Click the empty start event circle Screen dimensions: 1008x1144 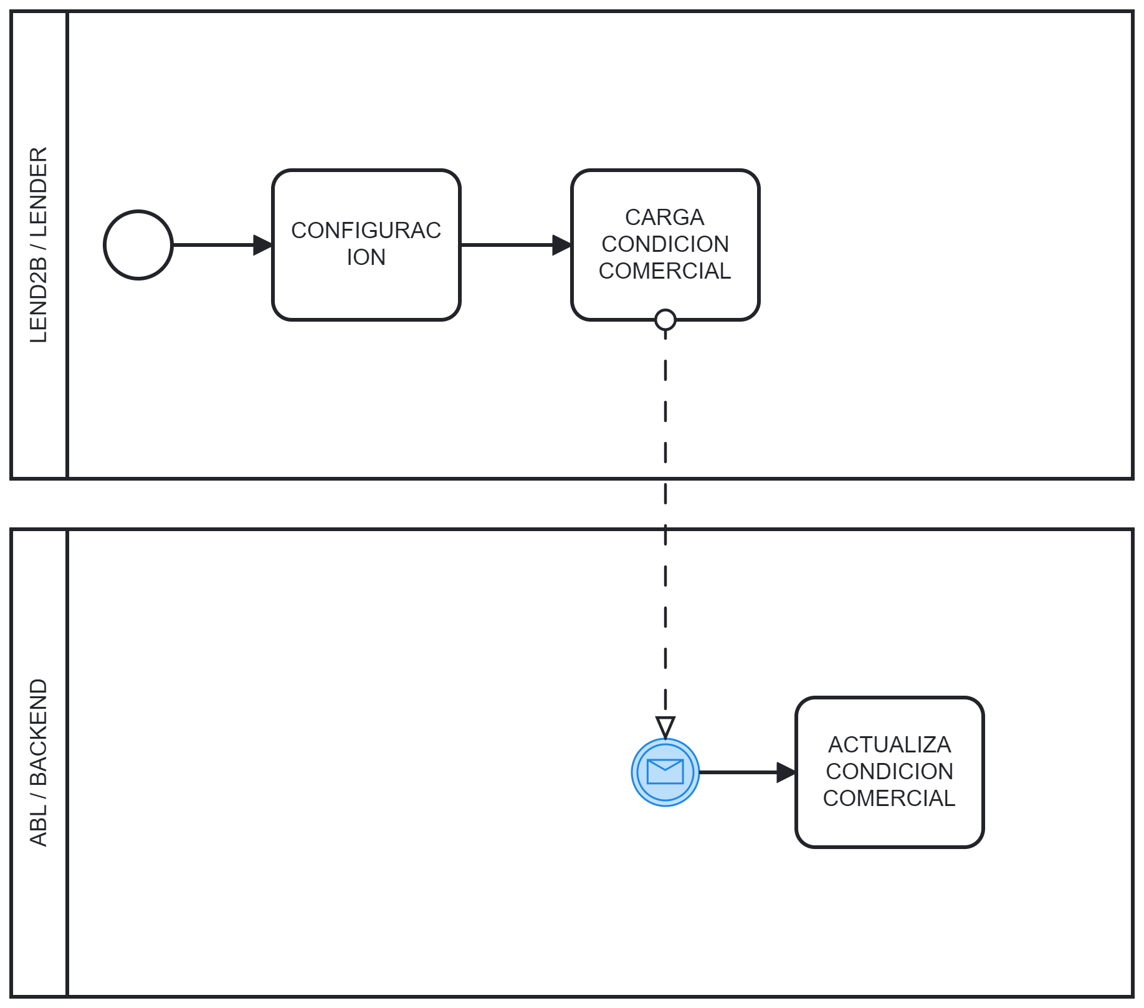click(x=138, y=245)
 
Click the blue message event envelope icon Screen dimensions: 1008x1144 click(x=665, y=772)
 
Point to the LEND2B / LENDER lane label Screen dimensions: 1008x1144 click(x=39, y=245)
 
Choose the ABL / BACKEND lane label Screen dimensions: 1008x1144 click(x=39, y=762)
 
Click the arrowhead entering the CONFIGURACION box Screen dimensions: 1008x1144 click(x=264, y=245)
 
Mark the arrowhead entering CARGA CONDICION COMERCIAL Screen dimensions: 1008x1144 click(x=562, y=245)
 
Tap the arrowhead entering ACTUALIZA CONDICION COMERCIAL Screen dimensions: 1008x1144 click(x=786, y=772)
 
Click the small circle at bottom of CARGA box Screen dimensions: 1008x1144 click(x=665, y=320)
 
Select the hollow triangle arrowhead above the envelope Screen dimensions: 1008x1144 click(x=665, y=727)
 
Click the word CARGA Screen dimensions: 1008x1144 click(x=664, y=218)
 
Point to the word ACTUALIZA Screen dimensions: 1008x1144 click(x=889, y=745)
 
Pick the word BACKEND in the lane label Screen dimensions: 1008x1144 click(x=39, y=732)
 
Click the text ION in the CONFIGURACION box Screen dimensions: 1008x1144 click(x=366, y=257)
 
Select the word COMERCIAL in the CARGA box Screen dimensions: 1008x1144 click(x=664, y=271)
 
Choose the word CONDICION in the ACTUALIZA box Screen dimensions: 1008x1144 click(x=889, y=772)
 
